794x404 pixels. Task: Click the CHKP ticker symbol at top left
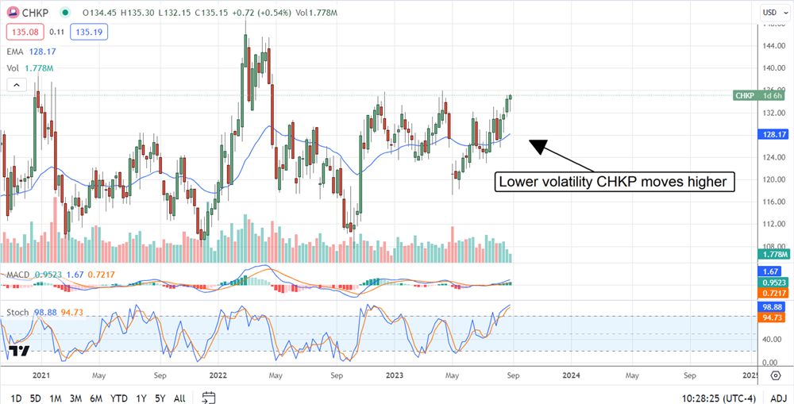pyautogui.click(x=33, y=12)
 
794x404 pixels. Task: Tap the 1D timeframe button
pyautogui.click(x=16, y=398)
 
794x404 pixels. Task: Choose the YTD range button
pyautogui.click(x=119, y=398)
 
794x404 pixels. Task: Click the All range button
pyautogui.click(x=179, y=398)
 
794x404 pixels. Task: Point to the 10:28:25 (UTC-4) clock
pyautogui.click(x=705, y=398)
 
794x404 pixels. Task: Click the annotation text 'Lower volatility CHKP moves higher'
pyautogui.click(x=611, y=182)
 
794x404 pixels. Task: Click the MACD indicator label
pyautogui.click(x=18, y=275)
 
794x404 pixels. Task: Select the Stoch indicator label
pyautogui.click(x=18, y=313)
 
